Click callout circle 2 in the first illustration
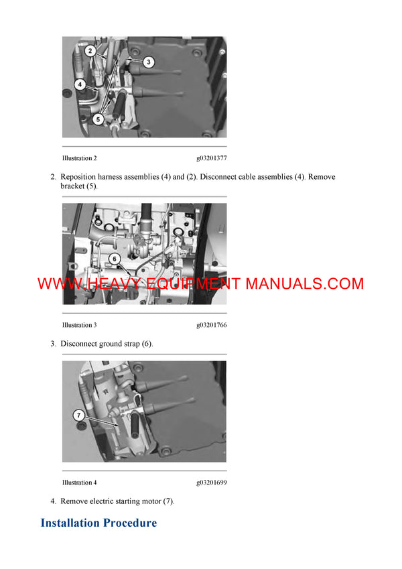90,51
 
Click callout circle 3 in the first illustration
149,62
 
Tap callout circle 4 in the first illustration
80,85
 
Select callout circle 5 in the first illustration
98,119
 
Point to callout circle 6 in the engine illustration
114,258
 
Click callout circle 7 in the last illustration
80,416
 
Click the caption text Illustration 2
79,158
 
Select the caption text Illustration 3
79,325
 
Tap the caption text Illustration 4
79,483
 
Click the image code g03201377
211,158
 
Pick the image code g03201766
211,325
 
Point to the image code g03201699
211,483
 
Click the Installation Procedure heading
98,523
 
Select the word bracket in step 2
73,186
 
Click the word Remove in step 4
74,501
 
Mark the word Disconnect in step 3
79,344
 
